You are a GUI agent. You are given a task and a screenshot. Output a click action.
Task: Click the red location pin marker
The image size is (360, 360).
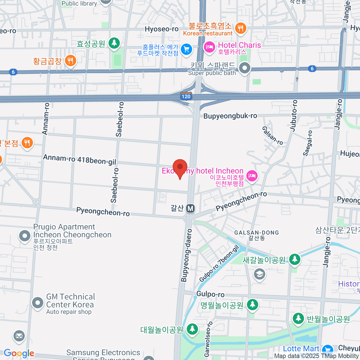pyautogui.click(x=180, y=167)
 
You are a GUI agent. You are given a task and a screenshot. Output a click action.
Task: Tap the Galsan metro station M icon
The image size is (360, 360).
pyautogui.click(x=190, y=208)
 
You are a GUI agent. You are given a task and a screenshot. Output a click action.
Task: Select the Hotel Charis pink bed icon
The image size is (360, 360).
pyautogui.click(x=209, y=47)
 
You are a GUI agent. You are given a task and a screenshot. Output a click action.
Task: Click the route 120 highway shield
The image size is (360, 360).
pyautogui.click(x=186, y=96)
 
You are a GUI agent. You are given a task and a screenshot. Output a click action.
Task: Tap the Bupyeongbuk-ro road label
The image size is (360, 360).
pyautogui.click(x=230, y=116)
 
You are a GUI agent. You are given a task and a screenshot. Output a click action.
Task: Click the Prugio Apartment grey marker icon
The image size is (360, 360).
pyautogui.click(x=25, y=236)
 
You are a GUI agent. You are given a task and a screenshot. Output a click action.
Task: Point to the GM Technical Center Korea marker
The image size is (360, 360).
pyautogui.click(x=38, y=303)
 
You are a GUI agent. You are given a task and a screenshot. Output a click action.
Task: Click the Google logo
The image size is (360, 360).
pyautogui.click(x=19, y=353)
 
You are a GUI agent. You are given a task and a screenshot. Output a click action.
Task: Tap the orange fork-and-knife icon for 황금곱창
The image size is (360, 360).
pyautogui.click(x=70, y=61)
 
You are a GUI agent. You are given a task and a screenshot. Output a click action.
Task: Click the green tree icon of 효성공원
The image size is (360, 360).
pyautogui.click(x=114, y=43)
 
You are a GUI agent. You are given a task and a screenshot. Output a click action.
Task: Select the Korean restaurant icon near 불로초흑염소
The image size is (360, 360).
pyautogui.click(x=240, y=29)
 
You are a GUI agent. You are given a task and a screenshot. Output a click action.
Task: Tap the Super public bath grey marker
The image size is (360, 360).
pyautogui.click(x=245, y=68)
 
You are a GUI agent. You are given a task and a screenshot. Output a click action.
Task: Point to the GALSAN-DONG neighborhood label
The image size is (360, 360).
pyautogui.click(x=256, y=233)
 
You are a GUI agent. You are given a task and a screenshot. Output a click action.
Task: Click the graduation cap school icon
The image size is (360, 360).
pyautogui.click(x=259, y=274)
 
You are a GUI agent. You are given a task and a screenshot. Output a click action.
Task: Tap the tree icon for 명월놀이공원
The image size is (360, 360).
pyautogui.click(x=253, y=305)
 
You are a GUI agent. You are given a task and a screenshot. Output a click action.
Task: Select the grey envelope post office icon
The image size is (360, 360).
pyautogui.click(x=19, y=336)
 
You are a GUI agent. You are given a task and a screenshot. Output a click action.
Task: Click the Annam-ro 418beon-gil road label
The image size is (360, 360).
pyautogui.click(x=79, y=160)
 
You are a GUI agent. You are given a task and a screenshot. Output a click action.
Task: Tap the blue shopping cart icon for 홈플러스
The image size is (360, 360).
pyautogui.click(x=186, y=49)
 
